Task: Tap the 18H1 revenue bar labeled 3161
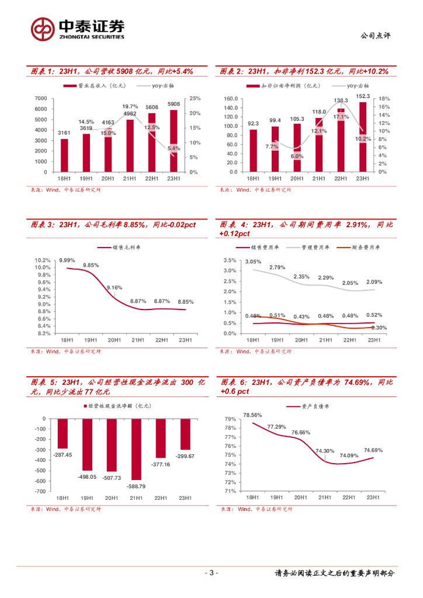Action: (64, 155)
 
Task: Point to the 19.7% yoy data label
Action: (130, 106)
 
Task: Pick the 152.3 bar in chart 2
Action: (362, 137)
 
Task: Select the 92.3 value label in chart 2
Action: (253, 123)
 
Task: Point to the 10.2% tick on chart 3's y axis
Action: (42, 260)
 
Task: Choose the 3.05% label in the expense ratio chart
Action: (253, 262)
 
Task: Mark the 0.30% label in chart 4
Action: (379, 328)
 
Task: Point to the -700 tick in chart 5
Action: (40, 491)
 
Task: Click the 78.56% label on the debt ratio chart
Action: (252, 415)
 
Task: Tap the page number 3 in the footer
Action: (211, 573)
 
